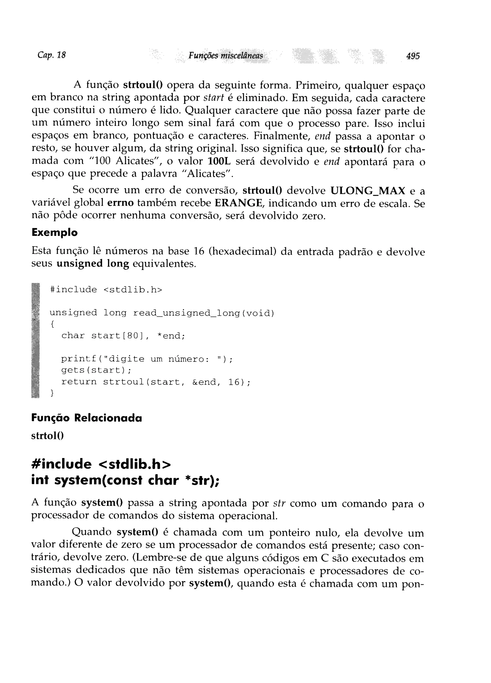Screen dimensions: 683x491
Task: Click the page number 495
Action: coord(413,56)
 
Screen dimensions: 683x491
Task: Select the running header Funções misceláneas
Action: coord(225,56)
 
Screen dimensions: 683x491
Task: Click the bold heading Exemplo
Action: coord(54,232)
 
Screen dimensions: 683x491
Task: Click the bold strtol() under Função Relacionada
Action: coord(47,436)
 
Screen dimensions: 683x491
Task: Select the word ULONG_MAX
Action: coord(368,191)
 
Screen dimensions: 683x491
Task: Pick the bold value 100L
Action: coord(219,161)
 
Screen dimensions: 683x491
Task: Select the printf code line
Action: coord(147,359)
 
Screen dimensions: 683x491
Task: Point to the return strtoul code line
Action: coord(156,382)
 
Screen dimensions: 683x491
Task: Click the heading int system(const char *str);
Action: coord(125,481)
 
